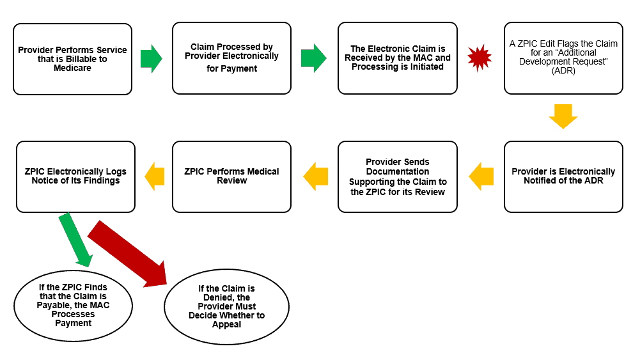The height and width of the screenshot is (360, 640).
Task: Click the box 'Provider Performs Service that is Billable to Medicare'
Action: pyautogui.click(x=72, y=59)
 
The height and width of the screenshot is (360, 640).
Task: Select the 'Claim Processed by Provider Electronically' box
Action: pyautogui.click(x=231, y=58)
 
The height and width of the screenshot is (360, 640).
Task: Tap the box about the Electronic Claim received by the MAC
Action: pyautogui.click(x=397, y=58)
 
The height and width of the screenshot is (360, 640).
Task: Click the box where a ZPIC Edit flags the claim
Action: pyautogui.click(x=563, y=58)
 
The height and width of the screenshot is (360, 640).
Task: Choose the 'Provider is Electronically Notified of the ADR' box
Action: pyautogui.click(x=563, y=176)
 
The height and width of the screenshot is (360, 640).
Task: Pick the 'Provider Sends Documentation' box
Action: pyautogui.click(x=397, y=176)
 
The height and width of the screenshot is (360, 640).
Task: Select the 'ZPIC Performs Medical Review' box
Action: pyautogui.click(x=231, y=176)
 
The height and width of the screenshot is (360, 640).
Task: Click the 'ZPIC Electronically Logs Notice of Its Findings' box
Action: pyautogui.click(x=75, y=176)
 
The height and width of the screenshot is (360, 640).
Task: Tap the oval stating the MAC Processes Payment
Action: pyautogui.click(x=73, y=305)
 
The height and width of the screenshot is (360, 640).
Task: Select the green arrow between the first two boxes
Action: pyautogui.click(x=151, y=58)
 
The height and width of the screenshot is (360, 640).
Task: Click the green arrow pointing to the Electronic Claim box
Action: pyautogui.click(x=313, y=58)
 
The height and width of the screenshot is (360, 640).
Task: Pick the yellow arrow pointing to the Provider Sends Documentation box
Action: pyautogui.click(x=480, y=176)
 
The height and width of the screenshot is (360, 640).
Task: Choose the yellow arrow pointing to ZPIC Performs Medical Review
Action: pyautogui.click(x=315, y=176)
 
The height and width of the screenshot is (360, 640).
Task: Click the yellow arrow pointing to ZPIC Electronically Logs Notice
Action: pyautogui.click(x=154, y=176)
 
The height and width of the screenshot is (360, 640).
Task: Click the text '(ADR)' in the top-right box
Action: pyautogui.click(x=563, y=71)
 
